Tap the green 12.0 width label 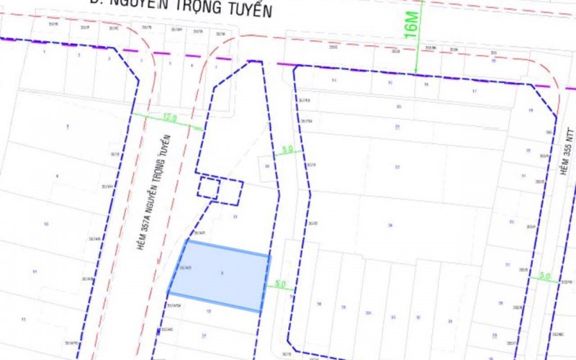pos(170,117)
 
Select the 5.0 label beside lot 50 pos(287,150)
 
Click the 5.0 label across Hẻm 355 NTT pos(544,276)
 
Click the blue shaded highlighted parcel pos(220,276)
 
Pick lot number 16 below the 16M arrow pos(426,84)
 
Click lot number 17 pos(474,91)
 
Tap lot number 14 pos(334,80)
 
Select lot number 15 pos(390,83)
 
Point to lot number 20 pos(398,106)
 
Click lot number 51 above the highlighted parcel pos(235,216)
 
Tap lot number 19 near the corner pos(530,110)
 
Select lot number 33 pos(392,317)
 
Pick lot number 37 pos(507,265)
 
